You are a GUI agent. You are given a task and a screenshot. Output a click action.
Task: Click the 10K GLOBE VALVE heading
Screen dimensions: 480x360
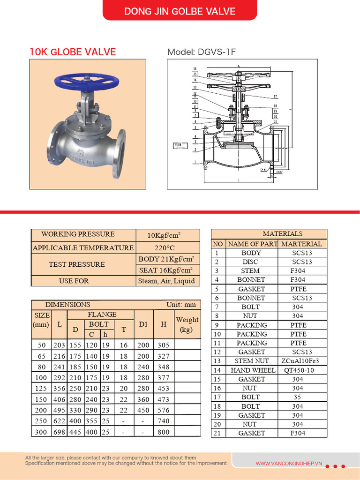click(x=73, y=52)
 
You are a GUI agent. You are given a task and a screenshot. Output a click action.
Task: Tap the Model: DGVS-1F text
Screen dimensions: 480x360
click(x=202, y=52)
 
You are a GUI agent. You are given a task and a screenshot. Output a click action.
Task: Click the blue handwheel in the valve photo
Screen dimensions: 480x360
click(x=86, y=81)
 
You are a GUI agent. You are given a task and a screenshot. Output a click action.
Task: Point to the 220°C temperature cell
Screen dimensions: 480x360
click(x=167, y=247)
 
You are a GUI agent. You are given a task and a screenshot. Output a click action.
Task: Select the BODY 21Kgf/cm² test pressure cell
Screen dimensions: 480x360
click(x=167, y=259)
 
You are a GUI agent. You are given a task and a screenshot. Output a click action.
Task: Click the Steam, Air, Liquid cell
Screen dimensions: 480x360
click(x=167, y=281)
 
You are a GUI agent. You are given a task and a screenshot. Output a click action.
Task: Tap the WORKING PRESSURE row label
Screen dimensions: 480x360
click(x=78, y=234)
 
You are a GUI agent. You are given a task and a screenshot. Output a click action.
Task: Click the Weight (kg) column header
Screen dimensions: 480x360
click(x=187, y=324)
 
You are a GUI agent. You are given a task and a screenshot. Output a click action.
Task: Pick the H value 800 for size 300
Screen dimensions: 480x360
click(x=164, y=432)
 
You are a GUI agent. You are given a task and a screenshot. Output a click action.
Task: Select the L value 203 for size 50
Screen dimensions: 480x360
click(x=60, y=345)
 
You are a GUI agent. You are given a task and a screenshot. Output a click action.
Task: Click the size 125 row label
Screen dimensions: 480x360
click(x=41, y=388)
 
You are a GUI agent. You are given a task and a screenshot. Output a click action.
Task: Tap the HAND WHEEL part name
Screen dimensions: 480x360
click(x=252, y=370)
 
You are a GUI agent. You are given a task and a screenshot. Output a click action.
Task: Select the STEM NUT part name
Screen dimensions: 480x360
click(x=252, y=361)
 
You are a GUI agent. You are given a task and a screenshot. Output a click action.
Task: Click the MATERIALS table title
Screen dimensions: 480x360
click(x=282, y=233)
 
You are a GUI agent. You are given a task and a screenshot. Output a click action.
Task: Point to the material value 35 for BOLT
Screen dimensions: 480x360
click(x=297, y=397)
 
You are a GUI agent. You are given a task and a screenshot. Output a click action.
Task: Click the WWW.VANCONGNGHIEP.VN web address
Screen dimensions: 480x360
click(x=289, y=464)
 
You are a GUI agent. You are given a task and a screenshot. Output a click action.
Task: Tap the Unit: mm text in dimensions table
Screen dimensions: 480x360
click(x=181, y=305)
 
